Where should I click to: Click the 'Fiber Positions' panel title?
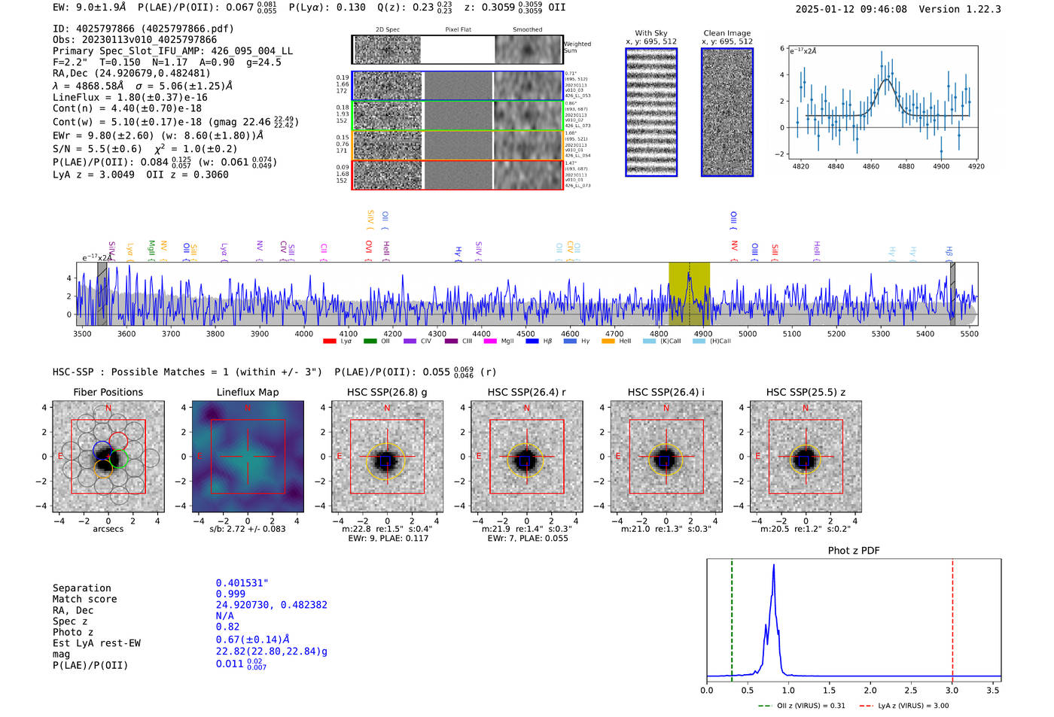tap(108, 392)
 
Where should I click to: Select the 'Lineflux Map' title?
tap(248, 392)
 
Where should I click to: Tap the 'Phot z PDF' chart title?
tap(854, 550)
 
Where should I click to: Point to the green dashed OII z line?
tap(732, 617)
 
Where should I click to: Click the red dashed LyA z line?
tap(952, 617)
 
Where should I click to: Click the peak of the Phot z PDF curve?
tap(773, 566)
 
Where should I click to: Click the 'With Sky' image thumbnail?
tap(651, 112)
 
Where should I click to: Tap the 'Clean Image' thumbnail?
tap(727, 112)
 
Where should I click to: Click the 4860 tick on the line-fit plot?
tap(871, 166)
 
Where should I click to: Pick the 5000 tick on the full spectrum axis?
tap(747, 333)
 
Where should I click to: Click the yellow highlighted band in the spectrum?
tap(689, 293)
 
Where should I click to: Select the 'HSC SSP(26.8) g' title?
tap(387, 392)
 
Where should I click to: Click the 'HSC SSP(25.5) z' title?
tap(806, 392)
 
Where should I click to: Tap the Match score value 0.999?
tap(230, 594)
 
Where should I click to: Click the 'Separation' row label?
tap(82, 588)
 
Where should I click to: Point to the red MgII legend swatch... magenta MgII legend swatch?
tap(490, 341)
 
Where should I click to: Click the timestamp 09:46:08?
tap(882, 9)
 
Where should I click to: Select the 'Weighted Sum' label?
tap(577, 47)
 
